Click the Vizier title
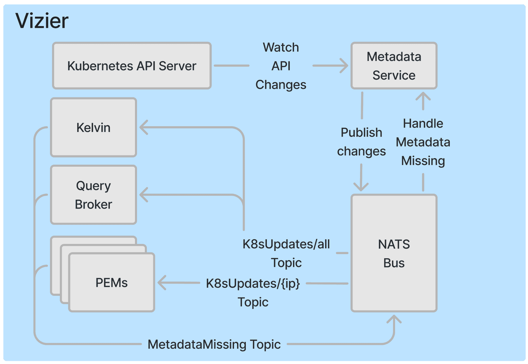click(42, 21)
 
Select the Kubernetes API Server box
click(132, 66)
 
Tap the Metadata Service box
click(394, 66)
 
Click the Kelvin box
click(93, 128)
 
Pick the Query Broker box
click(93, 195)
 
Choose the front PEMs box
click(112, 282)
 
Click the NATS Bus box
click(394, 253)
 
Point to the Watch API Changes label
click(281, 66)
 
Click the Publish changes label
click(361, 142)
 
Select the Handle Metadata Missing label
click(423, 142)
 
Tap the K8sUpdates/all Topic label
click(286, 253)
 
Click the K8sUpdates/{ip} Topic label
click(253, 292)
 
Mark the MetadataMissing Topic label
click(214, 344)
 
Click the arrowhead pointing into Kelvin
click(143, 128)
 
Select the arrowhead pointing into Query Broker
click(143, 195)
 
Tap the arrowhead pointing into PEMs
click(162, 283)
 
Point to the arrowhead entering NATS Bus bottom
click(394, 319)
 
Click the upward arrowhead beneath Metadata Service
click(423, 96)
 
